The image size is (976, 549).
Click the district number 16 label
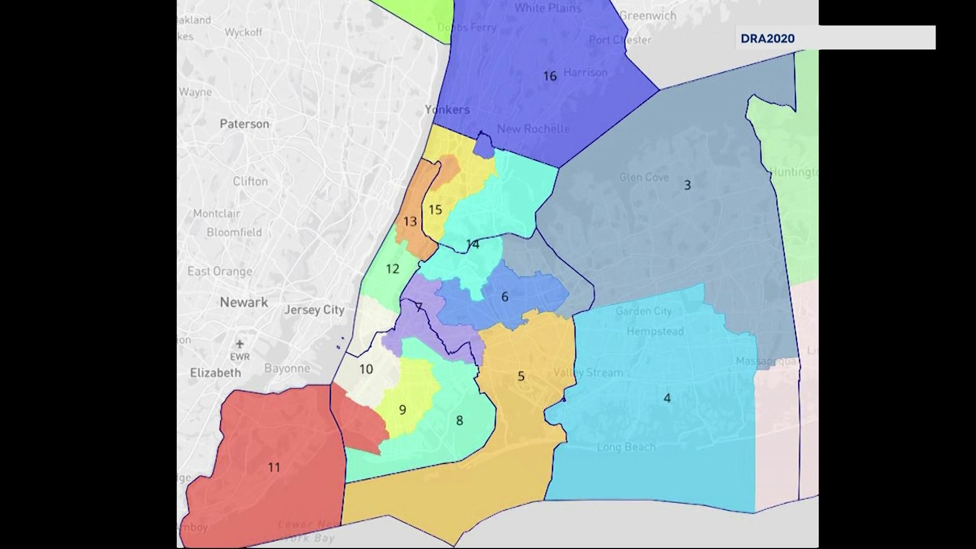550,76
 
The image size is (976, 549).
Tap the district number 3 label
687,185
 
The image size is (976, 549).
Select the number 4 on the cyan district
667,398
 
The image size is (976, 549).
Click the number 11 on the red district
274,467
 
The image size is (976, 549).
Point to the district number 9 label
402,410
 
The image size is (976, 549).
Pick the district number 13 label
410,222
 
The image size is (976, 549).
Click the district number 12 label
392,269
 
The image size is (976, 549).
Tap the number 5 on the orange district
521,376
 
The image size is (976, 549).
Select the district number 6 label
504,297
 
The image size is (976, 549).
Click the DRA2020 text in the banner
767,39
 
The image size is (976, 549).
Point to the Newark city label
243,302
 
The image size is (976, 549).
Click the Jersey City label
314,310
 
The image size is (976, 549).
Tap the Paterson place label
244,124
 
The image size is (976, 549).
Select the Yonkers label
447,110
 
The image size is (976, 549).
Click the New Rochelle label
533,129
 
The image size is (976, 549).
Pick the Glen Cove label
644,177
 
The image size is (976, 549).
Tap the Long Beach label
626,447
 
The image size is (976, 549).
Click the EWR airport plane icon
240,344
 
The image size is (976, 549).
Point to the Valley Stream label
588,373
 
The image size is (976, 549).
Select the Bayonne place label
287,369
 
